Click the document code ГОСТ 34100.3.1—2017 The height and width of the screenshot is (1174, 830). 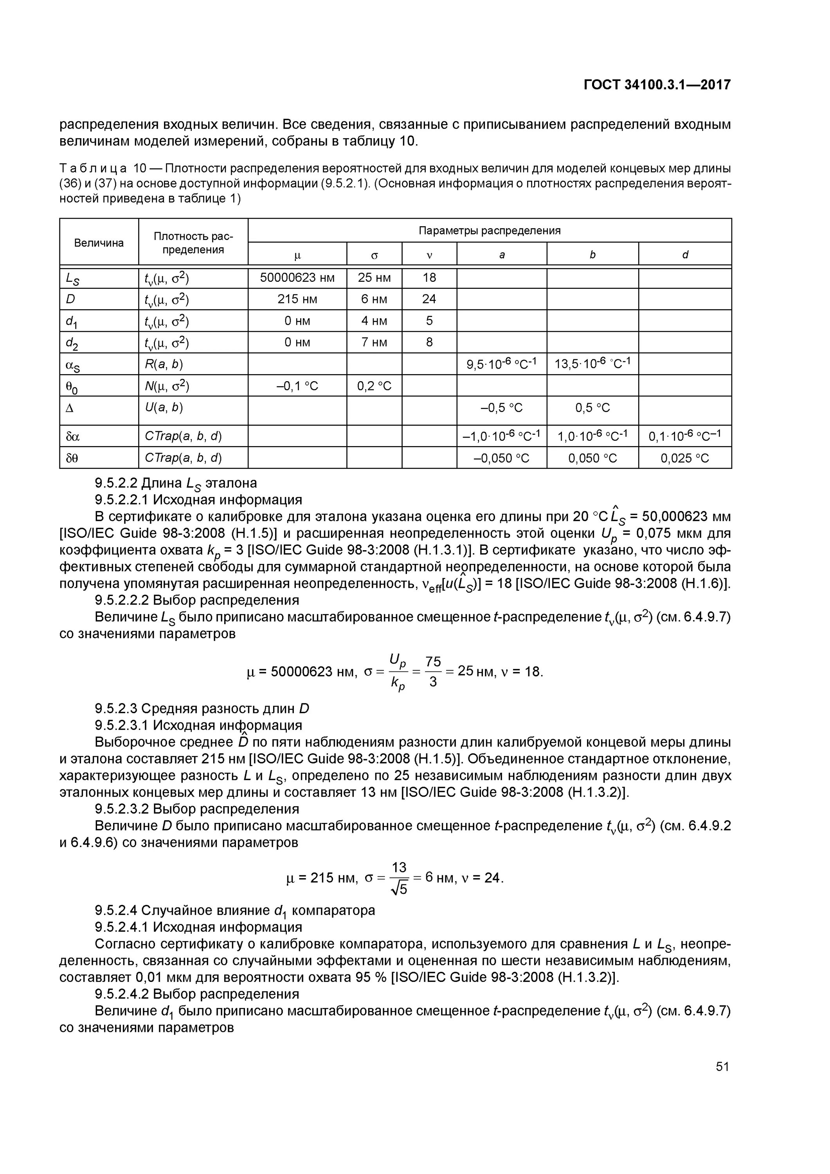[x=657, y=85]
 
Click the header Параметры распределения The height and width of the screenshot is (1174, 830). [x=490, y=230]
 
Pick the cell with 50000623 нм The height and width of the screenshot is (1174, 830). [x=297, y=277]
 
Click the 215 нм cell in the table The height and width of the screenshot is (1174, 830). [x=297, y=299]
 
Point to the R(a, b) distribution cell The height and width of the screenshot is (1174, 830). [x=164, y=364]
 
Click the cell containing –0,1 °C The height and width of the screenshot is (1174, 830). [x=297, y=385]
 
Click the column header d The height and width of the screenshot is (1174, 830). [x=685, y=254]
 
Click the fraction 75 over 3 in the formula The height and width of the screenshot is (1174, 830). [x=433, y=672]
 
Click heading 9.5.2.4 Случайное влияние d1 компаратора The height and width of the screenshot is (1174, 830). [x=235, y=910]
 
